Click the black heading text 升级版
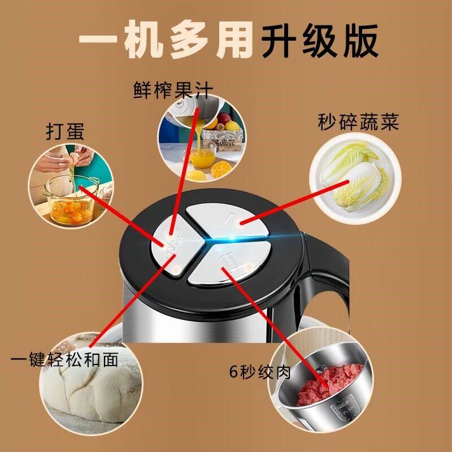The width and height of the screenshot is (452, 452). click(x=319, y=41)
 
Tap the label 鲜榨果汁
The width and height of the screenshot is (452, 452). click(x=174, y=90)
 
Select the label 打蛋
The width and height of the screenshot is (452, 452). click(x=64, y=131)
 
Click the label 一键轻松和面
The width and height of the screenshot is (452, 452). click(x=65, y=359)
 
